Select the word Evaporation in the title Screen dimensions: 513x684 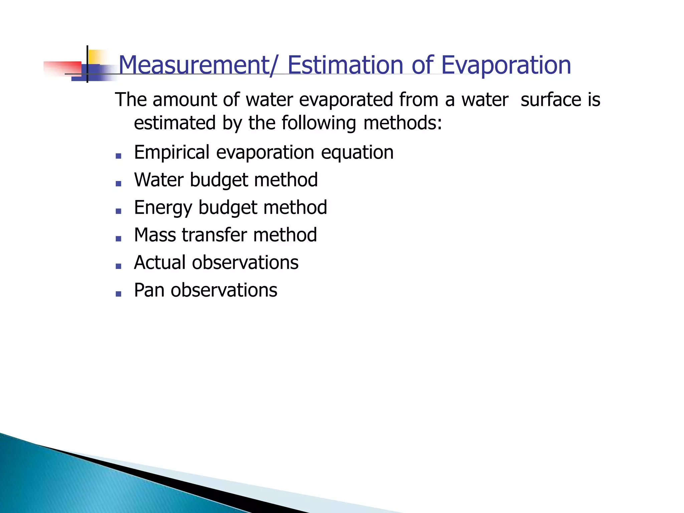tap(506, 65)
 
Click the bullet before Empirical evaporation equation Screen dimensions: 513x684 tap(118, 156)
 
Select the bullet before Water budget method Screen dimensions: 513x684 tap(118, 183)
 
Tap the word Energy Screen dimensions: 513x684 tap(163, 208)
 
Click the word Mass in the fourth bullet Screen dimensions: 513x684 tap(155, 235)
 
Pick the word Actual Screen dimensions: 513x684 tap(160, 263)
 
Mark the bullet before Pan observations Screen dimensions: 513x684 tap(118, 294)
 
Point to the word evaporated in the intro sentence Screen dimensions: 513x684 tap(346, 100)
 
